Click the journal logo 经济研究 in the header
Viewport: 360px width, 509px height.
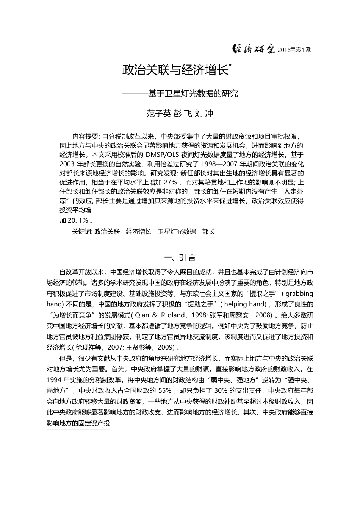(253, 49)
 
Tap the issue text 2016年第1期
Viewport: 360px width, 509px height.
(294, 50)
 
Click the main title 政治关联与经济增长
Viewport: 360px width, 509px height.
(175, 70)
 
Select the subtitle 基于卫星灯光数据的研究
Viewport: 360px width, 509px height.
(193, 93)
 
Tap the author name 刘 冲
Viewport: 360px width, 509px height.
(204, 114)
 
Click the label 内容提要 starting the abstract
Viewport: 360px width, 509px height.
(85, 136)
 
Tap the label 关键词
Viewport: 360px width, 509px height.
(82, 231)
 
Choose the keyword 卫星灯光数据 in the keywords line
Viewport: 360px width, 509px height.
(177, 231)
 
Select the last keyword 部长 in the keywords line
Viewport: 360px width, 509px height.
(208, 231)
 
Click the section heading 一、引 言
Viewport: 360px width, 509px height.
(180, 258)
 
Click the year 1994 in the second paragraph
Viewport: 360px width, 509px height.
(55, 380)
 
